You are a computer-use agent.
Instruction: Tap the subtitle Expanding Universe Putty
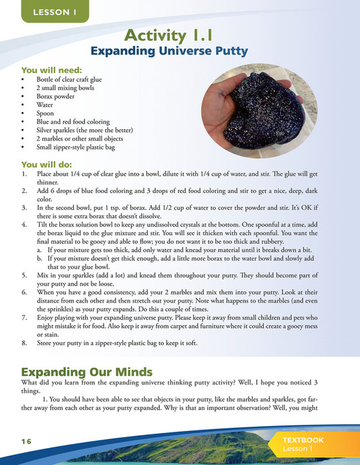click(179, 51)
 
